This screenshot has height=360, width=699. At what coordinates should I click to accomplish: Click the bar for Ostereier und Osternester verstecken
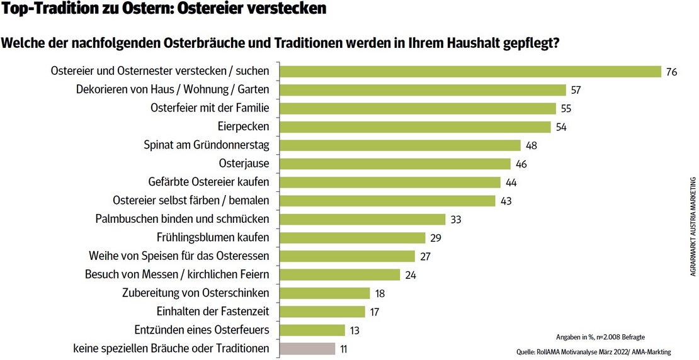[x=470, y=72]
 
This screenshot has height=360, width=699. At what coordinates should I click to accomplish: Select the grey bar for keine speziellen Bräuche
[x=307, y=348]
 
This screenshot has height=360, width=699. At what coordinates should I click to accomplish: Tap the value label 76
[x=671, y=72]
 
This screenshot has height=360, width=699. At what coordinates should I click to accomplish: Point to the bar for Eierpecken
[x=415, y=127]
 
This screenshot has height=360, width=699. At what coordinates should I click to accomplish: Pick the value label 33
[x=457, y=219]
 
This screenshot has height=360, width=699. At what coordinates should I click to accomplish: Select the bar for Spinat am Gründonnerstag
[x=400, y=145]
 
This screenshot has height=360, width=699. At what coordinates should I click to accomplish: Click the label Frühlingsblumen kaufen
[x=213, y=237]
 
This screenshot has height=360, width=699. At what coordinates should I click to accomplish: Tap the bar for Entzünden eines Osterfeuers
[x=312, y=330]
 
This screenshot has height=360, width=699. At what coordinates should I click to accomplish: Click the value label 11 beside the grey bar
[x=344, y=348]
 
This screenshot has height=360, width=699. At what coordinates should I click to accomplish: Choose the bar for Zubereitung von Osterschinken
[x=324, y=293]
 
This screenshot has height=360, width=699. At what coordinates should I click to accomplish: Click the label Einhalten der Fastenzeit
[x=212, y=311]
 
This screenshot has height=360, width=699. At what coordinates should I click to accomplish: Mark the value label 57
[x=575, y=90]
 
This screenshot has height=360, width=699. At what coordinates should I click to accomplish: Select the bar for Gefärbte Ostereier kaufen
[x=390, y=182]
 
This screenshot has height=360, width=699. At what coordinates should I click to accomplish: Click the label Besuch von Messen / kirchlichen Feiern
[x=177, y=274]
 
